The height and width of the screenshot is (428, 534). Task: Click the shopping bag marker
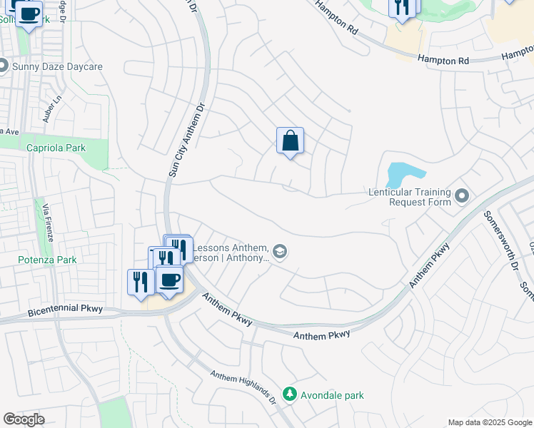(x=290, y=141)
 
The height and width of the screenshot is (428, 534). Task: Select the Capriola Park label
(x=56, y=148)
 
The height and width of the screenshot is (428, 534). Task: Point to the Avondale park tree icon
(x=289, y=394)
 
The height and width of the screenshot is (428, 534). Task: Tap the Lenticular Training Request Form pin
(x=462, y=195)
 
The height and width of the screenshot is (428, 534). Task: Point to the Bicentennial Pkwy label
(x=66, y=310)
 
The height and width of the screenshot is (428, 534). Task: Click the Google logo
(x=24, y=419)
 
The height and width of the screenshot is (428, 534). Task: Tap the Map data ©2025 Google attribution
(x=490, y=422)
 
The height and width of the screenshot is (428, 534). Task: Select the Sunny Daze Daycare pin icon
(x=3, y=66)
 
